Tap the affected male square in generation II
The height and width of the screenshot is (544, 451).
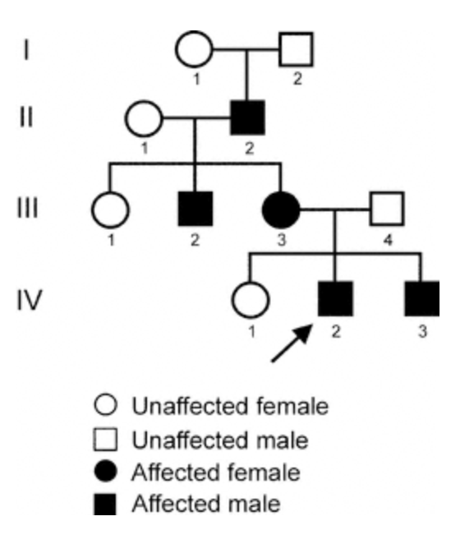248,118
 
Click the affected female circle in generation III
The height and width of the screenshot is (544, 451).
281,210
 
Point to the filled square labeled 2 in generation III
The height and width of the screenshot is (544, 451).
196,209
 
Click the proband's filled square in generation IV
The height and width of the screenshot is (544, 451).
335,299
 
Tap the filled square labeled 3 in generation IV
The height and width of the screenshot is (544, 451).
422,299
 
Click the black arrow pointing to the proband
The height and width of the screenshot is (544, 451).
292,343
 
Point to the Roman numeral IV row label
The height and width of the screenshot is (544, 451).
30,300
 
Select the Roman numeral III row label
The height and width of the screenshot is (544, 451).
27,209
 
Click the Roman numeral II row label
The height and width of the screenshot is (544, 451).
26,118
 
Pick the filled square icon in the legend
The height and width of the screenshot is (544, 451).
105,504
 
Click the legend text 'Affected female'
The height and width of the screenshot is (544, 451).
216,473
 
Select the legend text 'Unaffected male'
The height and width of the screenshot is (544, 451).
220,440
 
